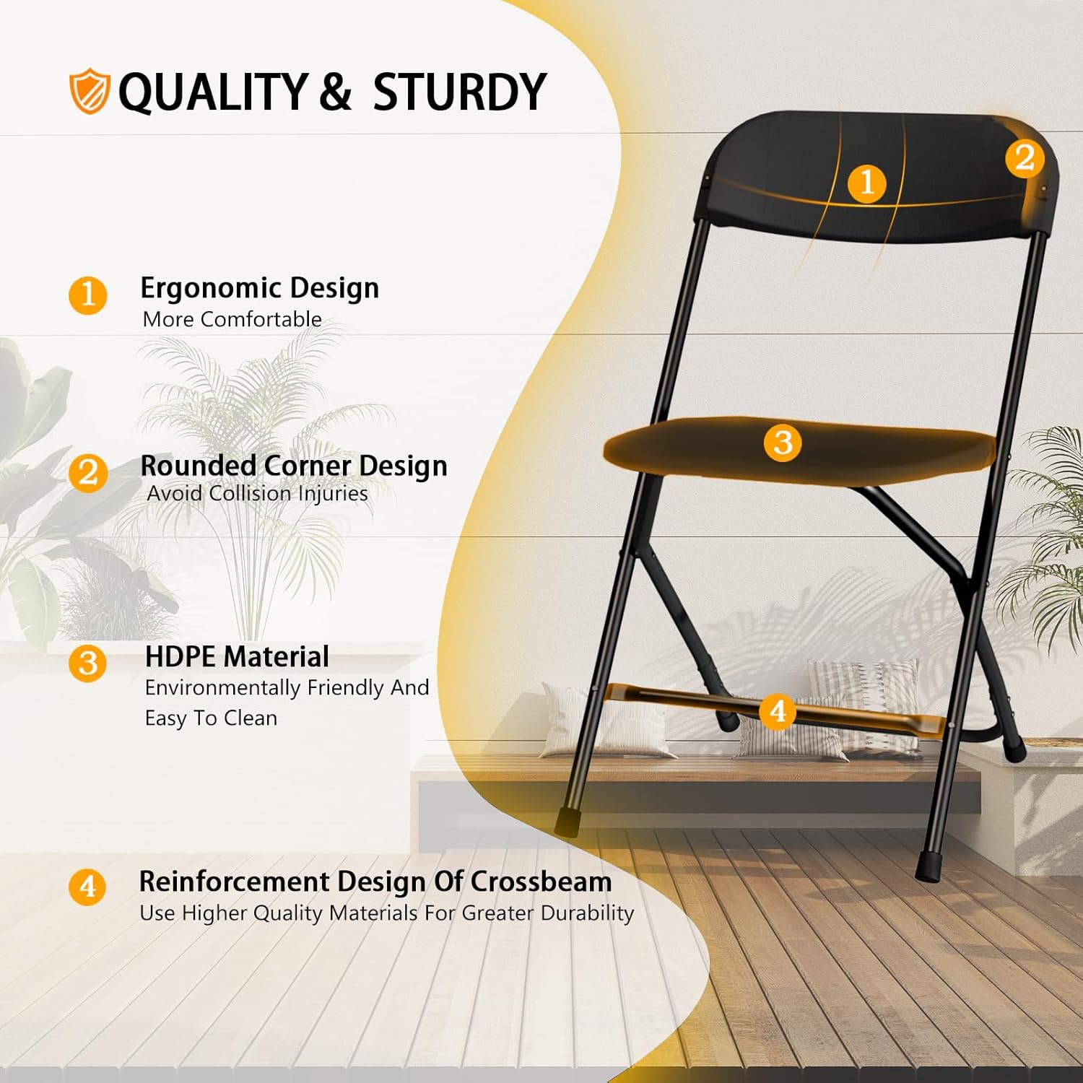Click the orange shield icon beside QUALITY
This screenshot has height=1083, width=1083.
(90, 91)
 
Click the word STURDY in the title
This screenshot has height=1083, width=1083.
(459, 92)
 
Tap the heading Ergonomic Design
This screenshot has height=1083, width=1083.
(259, 288)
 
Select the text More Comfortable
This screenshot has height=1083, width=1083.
(232, 319)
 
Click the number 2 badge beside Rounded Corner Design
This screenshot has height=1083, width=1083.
(88, 473)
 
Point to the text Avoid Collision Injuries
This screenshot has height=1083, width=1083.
(257, 494)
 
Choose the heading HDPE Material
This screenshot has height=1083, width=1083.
(237, 657)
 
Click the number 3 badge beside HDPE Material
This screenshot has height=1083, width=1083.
(88, 663)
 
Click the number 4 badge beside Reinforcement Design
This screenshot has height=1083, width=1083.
(87, 886)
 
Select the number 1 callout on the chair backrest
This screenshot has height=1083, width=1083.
(867, 183)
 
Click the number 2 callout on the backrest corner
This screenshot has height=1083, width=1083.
(1025, 158)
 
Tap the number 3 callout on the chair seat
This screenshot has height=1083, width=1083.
(783, 442)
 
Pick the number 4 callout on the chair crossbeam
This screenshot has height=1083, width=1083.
(778, 712)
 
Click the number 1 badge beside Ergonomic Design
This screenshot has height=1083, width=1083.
(88, 295)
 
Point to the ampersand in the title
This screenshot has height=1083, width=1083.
(335, 92)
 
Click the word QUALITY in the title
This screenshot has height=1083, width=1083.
(213, 92)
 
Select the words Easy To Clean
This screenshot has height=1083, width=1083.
(211, 718)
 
